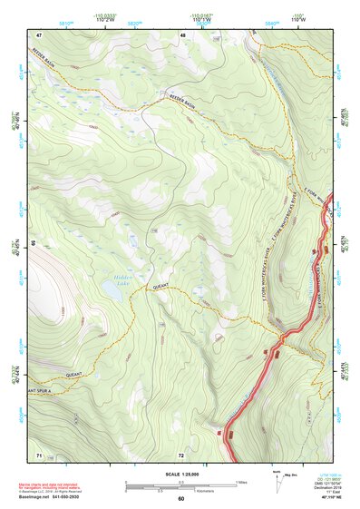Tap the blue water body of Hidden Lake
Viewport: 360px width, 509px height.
[114, 290]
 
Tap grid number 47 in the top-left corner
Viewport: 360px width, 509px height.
[39, 34]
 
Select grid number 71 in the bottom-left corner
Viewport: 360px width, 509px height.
[39, 454]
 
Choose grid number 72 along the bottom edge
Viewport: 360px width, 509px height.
[181, 454]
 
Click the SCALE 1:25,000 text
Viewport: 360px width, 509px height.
[181, 474]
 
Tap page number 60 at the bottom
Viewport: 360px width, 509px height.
[180, 499]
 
